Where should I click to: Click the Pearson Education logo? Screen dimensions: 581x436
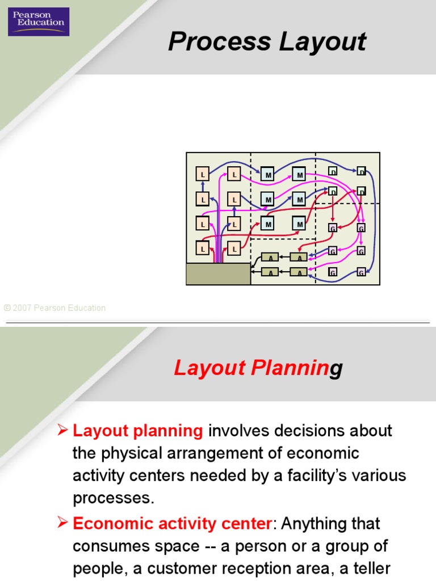click(39, 22)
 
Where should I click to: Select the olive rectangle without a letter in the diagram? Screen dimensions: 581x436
click(219, 273)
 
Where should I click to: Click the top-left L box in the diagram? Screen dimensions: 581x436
click(203, 174)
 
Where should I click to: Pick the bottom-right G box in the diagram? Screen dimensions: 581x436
click(361, 273)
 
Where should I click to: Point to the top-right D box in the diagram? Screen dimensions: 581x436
click(361, 171)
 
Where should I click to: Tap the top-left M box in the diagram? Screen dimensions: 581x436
click(267, 174)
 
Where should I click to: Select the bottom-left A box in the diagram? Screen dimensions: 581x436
click(271, 272)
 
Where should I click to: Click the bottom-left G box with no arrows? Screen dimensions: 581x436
click(333, 273)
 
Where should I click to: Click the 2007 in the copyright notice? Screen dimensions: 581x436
click(22, 308)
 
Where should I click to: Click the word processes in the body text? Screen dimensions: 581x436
click(113, 498)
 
